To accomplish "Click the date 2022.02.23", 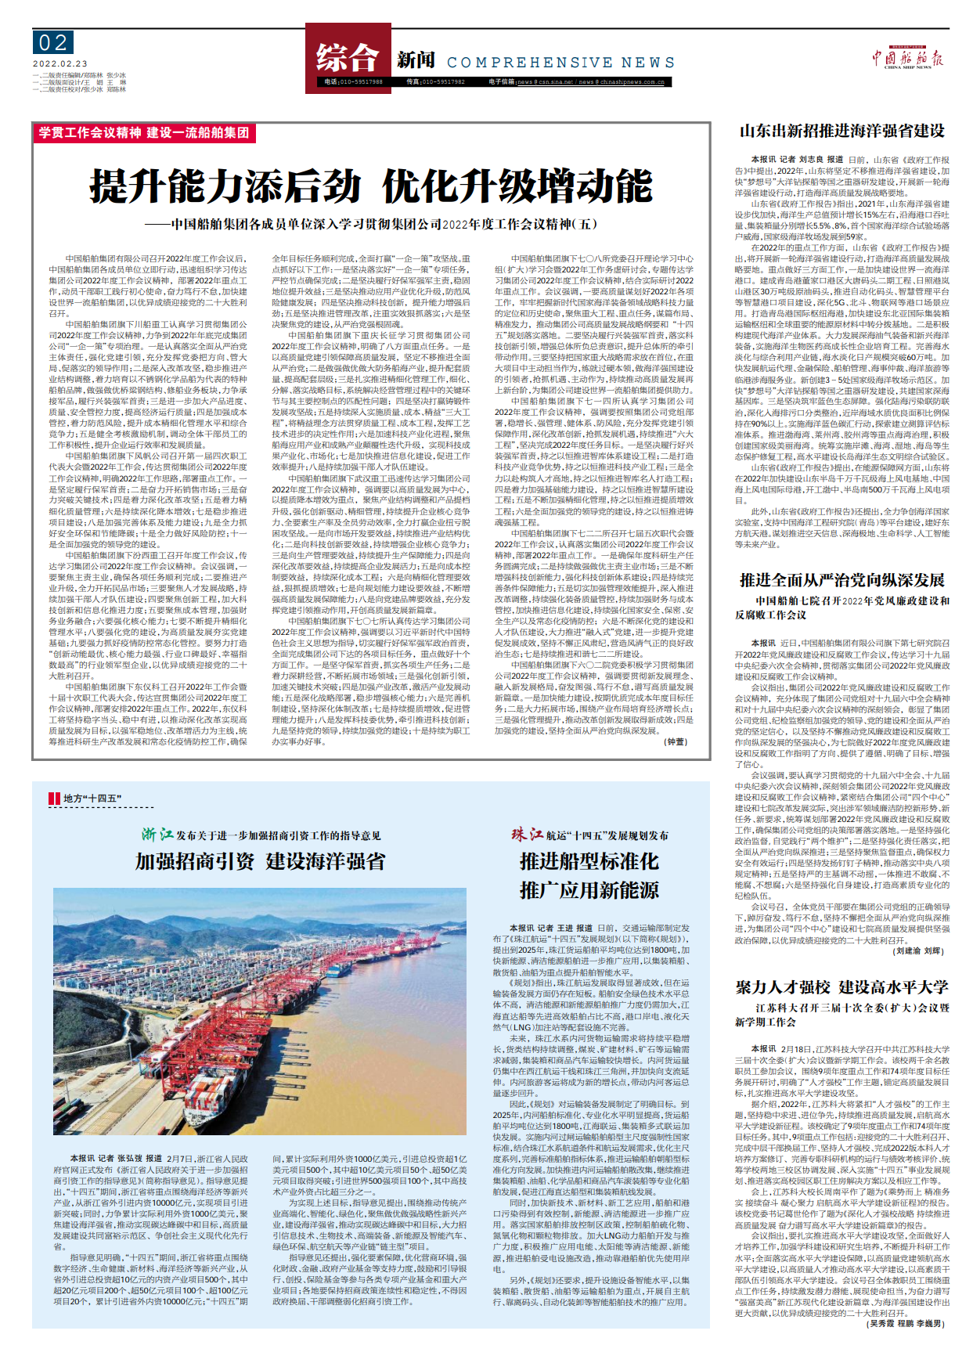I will click(60, 64).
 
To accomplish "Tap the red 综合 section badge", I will click(348, 57).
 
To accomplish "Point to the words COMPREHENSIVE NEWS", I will click(560, 63).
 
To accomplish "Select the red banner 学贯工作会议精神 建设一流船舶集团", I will click(144, 133).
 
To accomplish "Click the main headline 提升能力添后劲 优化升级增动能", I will click(371, 186).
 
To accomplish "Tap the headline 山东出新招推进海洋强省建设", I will click(842, 131).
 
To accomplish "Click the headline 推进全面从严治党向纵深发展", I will click(842, 580).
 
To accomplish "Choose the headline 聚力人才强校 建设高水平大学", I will click(842, 987).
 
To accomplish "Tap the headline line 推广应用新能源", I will click(589, 890).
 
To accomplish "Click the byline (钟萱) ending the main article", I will click(676, 741).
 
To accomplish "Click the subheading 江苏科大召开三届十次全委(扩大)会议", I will click(852, 1008).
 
